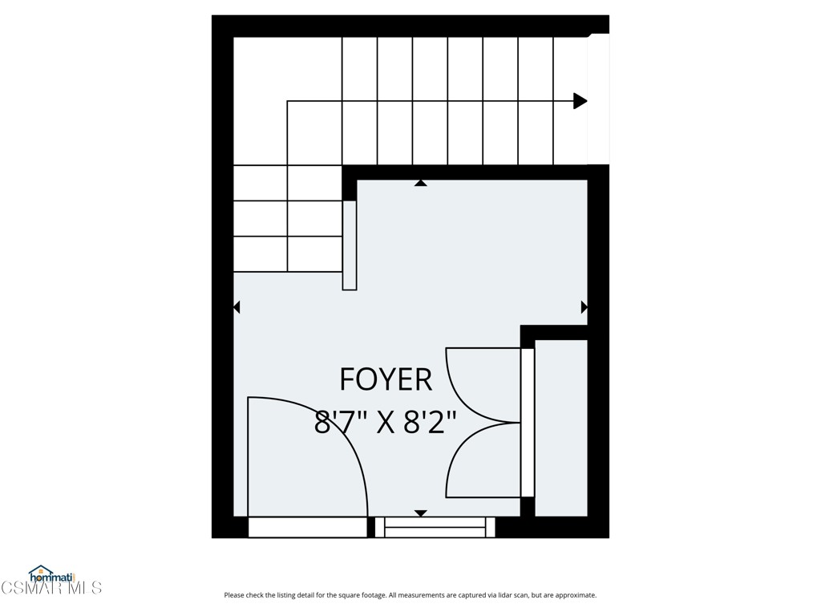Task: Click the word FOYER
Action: pyautogui.click(x=386, y=379)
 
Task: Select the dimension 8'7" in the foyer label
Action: pyautogui.click(x=344, y=422)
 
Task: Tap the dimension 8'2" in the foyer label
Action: pyautogui.click(x=430, y=422)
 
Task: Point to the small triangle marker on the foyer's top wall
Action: pyautogui.click(x=420, y=184)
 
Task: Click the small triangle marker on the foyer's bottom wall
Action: pyautogui.click(x=420, y=513)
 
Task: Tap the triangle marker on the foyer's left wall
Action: pyautogui.click(x=237, y=307)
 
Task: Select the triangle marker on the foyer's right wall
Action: pyautogui.click(x=584, y=307)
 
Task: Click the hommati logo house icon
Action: pyautogui.click(x=40, y=572)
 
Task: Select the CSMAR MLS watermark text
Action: pyautogui.click(x=51, y=588)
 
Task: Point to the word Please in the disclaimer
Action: pyautogui.click(x=235, y=595)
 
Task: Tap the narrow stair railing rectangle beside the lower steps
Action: pyautogui.click(x=350, y=245)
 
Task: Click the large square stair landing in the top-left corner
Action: pyautogui.click(x=260, y=100)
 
